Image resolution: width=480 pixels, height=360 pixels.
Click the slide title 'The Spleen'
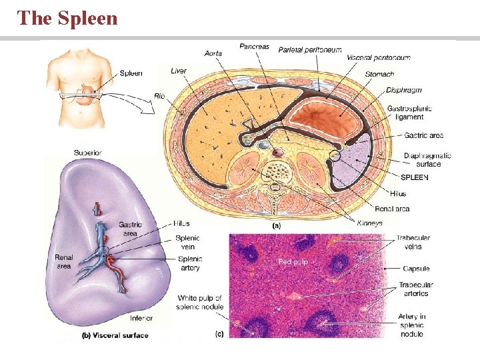(67, 18)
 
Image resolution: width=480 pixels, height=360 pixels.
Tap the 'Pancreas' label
(255, 47)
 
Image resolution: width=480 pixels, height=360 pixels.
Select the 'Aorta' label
(213, 53)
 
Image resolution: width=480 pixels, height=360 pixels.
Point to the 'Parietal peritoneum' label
(310, 49)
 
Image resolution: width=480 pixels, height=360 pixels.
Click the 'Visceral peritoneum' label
(378, 57)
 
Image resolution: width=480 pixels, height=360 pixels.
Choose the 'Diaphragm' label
(403, 90)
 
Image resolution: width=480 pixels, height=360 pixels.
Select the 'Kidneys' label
(369, 223)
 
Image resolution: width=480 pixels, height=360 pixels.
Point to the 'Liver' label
(179, 71)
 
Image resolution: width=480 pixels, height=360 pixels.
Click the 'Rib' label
(159, 96)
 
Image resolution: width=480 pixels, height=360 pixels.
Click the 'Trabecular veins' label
(413, 242)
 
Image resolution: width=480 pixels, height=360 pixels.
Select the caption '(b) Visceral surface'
(117, 335)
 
